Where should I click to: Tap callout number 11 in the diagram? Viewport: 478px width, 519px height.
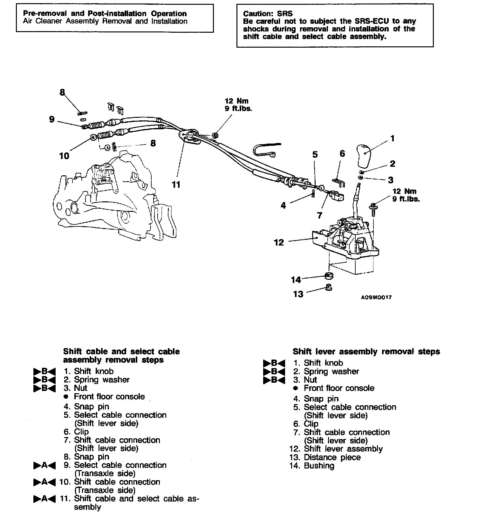176,185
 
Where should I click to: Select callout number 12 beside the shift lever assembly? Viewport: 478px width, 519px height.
279,243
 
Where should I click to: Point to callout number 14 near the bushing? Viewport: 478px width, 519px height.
296,280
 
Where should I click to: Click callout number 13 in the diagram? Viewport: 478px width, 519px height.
298,294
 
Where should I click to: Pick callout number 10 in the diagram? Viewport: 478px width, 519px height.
64,156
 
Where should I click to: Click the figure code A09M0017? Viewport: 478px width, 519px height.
376,298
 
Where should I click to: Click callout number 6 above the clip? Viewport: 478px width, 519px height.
342,154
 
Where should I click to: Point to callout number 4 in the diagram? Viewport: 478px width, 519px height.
283,206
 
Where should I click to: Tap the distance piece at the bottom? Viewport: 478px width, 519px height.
329,287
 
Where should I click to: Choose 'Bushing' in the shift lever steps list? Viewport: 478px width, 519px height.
319,466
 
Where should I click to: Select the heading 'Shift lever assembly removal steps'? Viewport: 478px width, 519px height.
366,352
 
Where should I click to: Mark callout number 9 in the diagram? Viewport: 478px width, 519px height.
52,119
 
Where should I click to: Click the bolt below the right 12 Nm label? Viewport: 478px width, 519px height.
373,209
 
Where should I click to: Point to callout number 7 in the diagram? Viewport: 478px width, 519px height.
320,215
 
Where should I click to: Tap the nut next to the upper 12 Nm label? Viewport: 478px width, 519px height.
215,136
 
